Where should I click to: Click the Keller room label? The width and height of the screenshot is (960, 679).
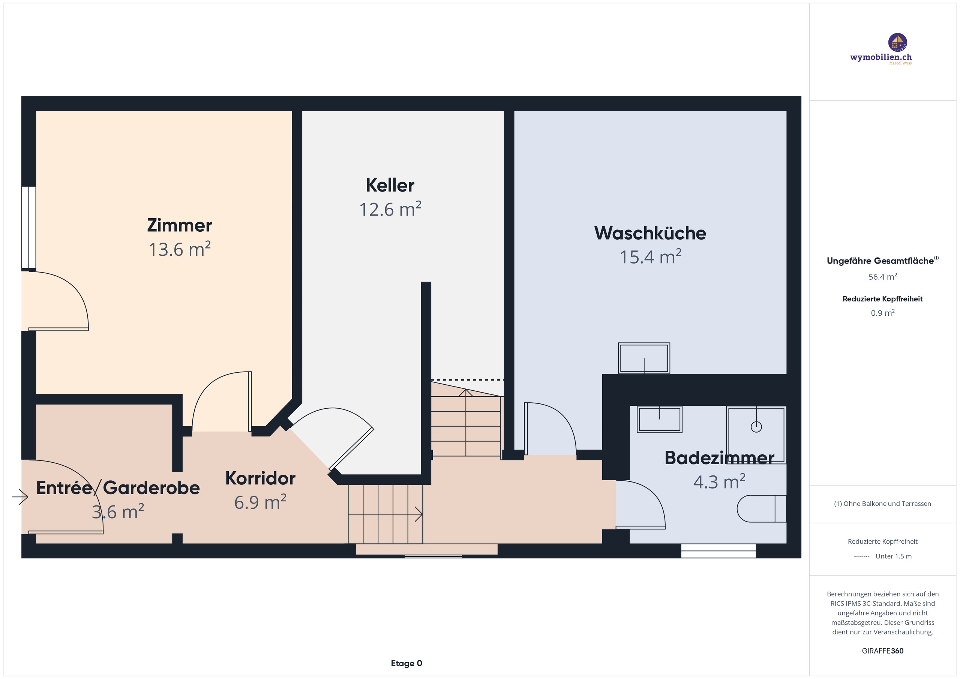pyautogui.click(x=390, y=185)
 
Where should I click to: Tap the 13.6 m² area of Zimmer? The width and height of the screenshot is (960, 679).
pyautogui.click(x=179, y=250)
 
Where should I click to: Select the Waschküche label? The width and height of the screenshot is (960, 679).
pyautogui.click(x=650, y=233)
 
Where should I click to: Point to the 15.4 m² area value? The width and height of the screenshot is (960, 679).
pyautogui.click(x=650, y=257)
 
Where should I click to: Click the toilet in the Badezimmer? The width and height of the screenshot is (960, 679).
pyautogui.click(x=760, y=508)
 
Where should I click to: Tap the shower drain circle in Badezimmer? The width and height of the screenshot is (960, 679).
pyautogui.click(x=756, y=427)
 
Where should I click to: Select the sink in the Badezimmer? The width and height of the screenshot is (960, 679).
pyautogui.click(x=659, y=419)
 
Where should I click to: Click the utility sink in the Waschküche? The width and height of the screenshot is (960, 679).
pyautogui.click(x=644, y=358)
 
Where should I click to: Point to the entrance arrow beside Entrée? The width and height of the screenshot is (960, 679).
pyautogui.click(x=20, y=497)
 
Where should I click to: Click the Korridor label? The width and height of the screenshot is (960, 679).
pyautogui.click(x=260, y=478)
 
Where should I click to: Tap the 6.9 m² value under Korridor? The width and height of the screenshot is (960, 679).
pyautogui.click(x=260, y=502)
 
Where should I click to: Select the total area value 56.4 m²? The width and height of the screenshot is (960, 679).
pyautogui.click(x=882, y=277)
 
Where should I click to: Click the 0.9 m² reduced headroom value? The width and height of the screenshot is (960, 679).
pyautogui.click(x=882, y=313)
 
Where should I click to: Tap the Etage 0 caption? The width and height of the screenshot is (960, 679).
pyautogui.click(x=406, y=663)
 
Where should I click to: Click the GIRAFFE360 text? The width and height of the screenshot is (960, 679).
pyautogui.click(x=882, y=651)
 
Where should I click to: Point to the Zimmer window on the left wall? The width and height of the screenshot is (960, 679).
pyautogui.click(x=28, y=228)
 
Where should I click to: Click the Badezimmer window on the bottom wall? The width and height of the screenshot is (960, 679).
pyautogui.click(x=718, y=551)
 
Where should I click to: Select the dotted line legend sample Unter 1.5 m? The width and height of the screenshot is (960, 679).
pyautogui.click(x=861, y=556)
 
